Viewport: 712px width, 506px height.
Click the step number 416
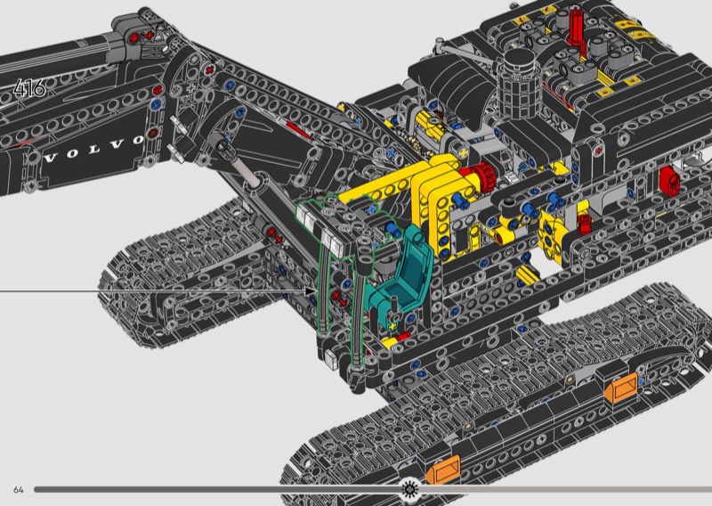tap(29, 87)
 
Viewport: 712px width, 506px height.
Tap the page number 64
tap(18, 490)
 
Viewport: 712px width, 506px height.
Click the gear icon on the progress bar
tap(410, 489)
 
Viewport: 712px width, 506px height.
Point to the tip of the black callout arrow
tap(316, 291)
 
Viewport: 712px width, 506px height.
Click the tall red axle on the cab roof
tap(577, 28)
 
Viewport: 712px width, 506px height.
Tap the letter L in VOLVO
tap(95, 150)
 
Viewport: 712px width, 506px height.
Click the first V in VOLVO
tap(51, 159)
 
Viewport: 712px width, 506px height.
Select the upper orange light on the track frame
tap(620, 388)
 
